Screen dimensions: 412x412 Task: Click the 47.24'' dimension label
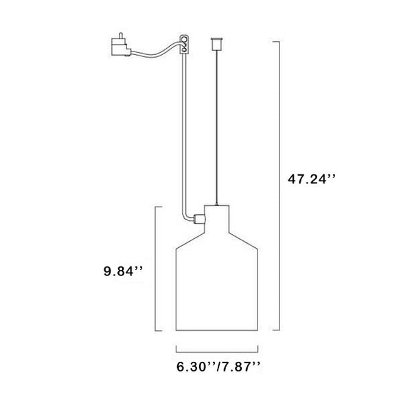311,179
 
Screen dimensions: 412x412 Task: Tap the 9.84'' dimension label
123,271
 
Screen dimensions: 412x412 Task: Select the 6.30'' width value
196,367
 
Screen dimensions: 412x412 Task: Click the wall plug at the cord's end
121,46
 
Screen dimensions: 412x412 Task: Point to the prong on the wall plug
121,35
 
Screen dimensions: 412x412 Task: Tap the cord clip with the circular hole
184,44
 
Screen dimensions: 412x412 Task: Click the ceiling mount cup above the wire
216,44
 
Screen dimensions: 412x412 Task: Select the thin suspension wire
216,128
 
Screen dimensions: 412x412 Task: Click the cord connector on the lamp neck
199,219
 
